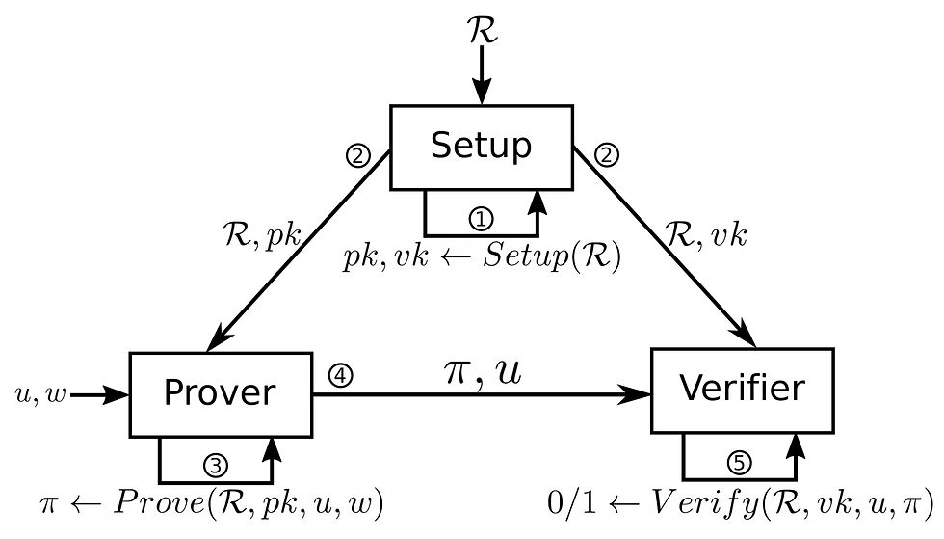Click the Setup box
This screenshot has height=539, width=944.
pos(481,146)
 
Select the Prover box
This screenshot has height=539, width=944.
pos(221,392)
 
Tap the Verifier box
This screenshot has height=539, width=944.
pos(741,388)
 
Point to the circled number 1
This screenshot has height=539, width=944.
pos(480,219)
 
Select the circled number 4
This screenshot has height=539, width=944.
pos(340,375)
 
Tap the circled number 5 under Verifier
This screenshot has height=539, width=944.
pos(738,463)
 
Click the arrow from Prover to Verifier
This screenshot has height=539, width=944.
pos(482,393)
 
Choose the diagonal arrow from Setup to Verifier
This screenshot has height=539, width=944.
pos(665,247)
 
